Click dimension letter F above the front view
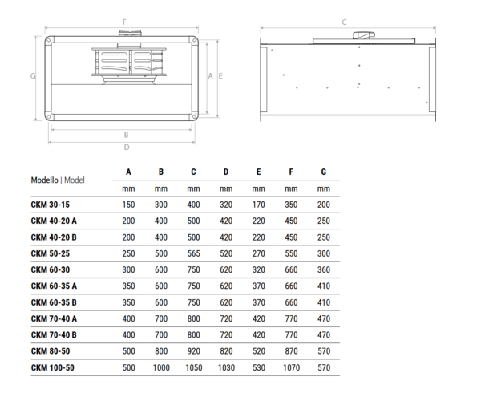[124, 22]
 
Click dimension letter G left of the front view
[33, 75]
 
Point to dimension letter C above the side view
[344, 22]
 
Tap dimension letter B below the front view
[126, 135]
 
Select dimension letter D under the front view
[127, 148]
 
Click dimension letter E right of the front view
[220, 75]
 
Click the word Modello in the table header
[44, 180]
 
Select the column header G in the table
[324, 172]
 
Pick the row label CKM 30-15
[51, 205]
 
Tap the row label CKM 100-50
[52, 367]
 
